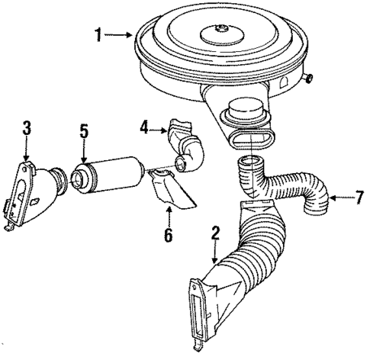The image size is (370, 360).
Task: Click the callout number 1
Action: pos(98,35)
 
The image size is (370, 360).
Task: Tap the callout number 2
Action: pos(215,233)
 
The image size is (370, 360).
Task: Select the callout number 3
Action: pos(27,128)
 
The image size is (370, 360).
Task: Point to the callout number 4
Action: pos(144,127)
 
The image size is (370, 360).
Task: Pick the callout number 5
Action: pos(84,131)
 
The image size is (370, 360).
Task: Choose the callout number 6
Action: pos(168,235)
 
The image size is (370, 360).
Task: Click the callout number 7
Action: pos(359,198)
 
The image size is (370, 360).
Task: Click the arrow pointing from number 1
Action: pos(117,35)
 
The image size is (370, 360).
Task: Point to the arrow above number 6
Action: pos(169,216)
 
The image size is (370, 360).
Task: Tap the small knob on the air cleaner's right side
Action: pos(308,78)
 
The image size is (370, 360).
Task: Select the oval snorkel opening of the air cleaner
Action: pos(252,139)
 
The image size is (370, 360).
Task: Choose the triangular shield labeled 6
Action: pos(171,189)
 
